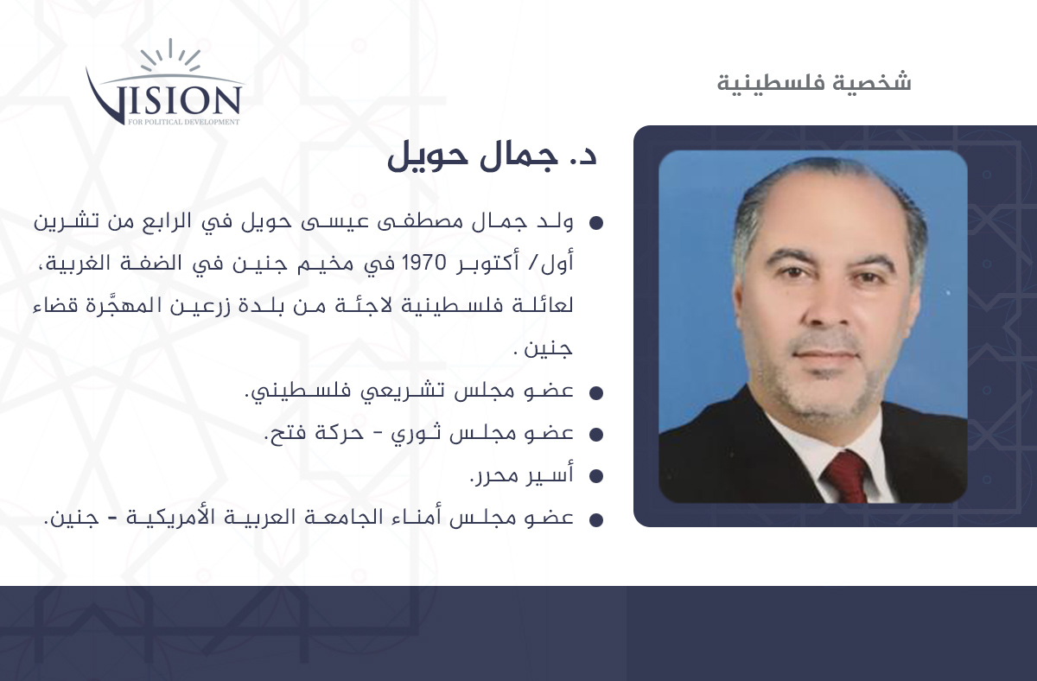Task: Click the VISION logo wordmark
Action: [x=164, y=99]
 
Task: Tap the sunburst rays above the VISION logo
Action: [x=171, y=55]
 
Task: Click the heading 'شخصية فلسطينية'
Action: [x=814, y=83]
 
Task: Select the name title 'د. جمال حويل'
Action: [x=492, y=157]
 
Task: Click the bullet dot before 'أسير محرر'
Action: [x=596, y=476]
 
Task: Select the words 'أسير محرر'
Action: [x=522, y=475]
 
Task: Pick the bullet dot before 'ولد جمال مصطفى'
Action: [x=596, y=223]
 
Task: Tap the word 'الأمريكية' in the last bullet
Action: [x=169, y=517]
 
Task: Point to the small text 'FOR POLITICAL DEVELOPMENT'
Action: [x=184, y=122]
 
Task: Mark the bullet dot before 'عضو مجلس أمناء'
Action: [x=596, y=519]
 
